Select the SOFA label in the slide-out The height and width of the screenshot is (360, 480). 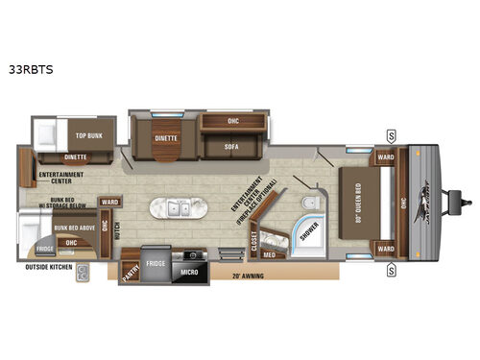tap(231, 147)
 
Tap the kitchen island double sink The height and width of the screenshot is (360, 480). tap(176, 208)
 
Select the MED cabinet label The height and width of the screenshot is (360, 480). tap(270, 254)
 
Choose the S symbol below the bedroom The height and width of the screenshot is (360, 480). tap(392, 270)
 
